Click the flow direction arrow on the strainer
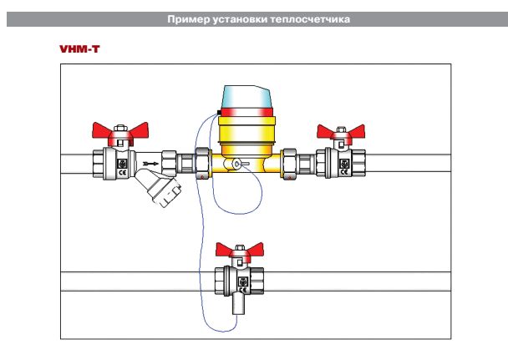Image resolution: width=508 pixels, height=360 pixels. [150, 164]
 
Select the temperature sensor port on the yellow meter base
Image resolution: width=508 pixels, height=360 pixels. [237, 165]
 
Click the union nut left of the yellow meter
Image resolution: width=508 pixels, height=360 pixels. [202, 162]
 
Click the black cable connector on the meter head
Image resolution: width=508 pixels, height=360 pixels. [217, 111]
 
